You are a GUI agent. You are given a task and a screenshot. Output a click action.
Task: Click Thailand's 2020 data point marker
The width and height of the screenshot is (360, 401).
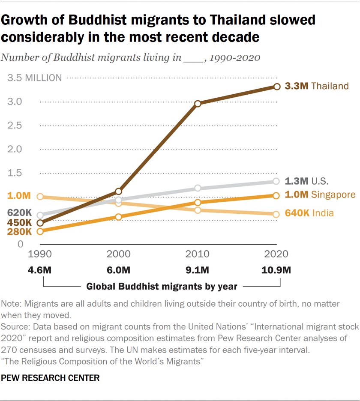[276, 87]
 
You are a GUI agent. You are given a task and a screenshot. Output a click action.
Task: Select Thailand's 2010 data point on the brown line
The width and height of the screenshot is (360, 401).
[198, 104]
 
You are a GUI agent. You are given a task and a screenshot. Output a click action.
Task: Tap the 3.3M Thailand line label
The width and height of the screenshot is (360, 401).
[317, 86]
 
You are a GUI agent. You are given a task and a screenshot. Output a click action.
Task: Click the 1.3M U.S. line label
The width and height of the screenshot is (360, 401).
[307, 181]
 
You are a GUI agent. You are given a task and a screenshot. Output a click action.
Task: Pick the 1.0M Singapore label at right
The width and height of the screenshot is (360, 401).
[320, 195]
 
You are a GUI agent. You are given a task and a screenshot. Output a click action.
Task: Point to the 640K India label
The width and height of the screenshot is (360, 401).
[309, 213]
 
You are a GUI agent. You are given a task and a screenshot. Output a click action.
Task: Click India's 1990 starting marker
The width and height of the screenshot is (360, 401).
[40, 197]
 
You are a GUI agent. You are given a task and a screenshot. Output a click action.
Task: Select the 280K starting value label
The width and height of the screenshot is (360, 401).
[19, 232]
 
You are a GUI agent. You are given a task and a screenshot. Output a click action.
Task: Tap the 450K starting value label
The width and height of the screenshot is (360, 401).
[19, 223]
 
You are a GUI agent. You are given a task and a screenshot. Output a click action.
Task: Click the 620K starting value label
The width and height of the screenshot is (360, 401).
[19, 212]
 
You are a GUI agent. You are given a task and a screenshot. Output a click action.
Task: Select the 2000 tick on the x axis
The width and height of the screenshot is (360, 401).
[118, 254]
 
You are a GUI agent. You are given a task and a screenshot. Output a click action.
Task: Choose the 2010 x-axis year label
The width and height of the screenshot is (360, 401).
[198, 254]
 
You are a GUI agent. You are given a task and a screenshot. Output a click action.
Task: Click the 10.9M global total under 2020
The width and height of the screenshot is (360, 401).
[276, 270]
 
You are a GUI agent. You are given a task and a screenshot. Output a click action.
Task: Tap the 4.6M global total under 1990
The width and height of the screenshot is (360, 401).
[40, 270]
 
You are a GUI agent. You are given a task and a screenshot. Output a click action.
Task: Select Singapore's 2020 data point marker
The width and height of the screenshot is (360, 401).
[276, 195]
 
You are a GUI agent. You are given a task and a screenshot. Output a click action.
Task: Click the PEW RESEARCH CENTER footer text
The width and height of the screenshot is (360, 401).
[51, 378]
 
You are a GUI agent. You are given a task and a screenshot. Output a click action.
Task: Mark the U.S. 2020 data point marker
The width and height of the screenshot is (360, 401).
[276, 181]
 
